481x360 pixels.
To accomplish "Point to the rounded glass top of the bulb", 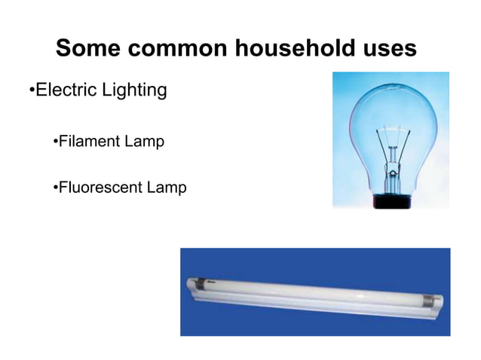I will (391, 98).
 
